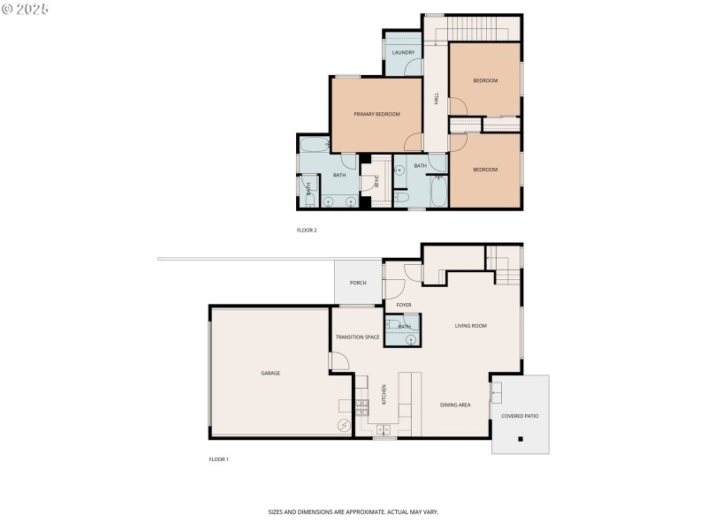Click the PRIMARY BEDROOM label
(376, 114)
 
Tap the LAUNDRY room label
(403, 53)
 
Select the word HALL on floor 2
(436, 100)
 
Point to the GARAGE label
(270, 373)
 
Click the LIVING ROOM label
(471, 326)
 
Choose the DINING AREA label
(455, 405)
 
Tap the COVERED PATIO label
(520, 415)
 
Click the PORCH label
(358, 283)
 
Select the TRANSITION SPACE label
(357, 337)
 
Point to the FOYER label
(404, 305)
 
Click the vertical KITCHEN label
(384, 393)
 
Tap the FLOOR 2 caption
(306, 230)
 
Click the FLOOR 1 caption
(218, 459)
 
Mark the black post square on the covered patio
(521, 438)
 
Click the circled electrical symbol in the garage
(344, 425)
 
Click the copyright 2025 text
(26, 8)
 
